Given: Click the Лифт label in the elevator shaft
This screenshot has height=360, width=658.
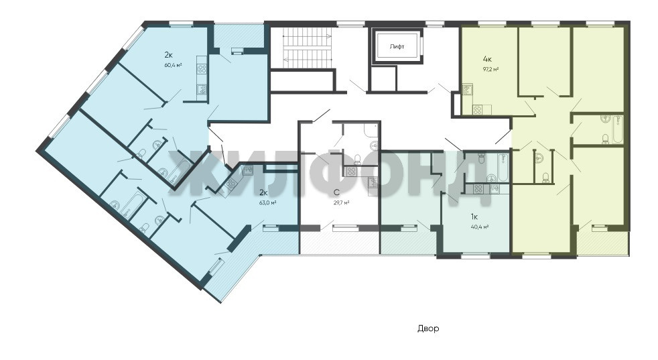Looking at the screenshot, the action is click(397, 47).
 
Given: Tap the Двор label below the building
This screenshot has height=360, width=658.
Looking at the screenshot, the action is click(428, 328).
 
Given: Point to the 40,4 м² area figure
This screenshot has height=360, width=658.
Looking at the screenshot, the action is click(480, 227).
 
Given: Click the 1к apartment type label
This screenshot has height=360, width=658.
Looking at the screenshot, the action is click(474, 217).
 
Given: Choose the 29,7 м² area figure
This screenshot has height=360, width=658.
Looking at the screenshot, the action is click(341, 202).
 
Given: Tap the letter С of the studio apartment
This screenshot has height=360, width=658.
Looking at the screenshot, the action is click(336, 192).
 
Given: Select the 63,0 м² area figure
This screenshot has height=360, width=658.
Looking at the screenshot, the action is click(268, 202).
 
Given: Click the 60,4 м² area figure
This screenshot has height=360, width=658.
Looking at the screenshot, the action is click(173, 64).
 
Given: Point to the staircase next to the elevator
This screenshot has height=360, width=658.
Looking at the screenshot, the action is click(307, 47).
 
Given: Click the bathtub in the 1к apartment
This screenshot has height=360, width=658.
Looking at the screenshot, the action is click(504, 167).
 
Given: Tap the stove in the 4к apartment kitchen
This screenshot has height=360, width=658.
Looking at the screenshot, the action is click(478, 110).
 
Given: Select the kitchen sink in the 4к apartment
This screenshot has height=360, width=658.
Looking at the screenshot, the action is click(466, 89).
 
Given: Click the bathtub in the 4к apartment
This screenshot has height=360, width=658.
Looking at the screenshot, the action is click(618, 130).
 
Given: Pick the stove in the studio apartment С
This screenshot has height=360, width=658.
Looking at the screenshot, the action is click(351, 172).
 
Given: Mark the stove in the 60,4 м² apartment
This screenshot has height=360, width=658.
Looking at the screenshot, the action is click(202, 69).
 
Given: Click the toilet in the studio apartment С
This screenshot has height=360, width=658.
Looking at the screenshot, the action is click(358, 158).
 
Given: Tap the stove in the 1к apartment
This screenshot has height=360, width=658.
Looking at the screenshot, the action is click(478, 188).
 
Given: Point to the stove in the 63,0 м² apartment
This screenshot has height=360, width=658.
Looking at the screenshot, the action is click(230, 184).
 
